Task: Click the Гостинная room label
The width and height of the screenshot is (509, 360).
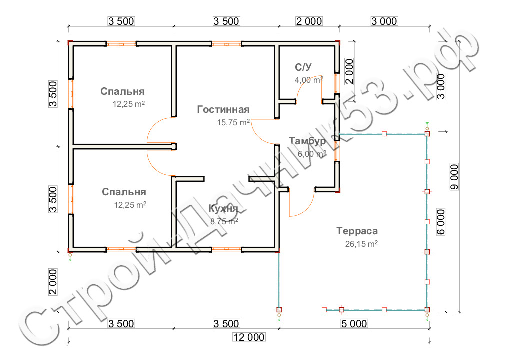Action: click(223, 110)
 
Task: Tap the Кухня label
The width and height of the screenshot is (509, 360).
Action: click(222, 209)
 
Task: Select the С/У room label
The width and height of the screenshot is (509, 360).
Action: click(304, 67)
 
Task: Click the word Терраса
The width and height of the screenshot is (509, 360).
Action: click(357, 231)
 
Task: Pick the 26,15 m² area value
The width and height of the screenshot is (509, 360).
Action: click(361, 244)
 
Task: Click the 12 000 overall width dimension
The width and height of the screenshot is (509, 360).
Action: click(248, 337)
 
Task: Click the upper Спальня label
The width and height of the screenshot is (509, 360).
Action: click(122, 92)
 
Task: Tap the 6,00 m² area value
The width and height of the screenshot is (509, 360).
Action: click(312, 154)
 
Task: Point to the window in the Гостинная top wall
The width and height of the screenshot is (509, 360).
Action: click(226, 44)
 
